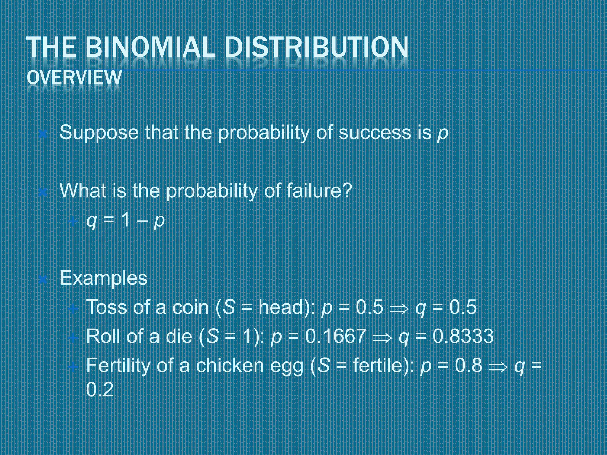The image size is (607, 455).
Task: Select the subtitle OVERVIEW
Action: [x=74, y=78]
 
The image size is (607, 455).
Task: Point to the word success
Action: [x=375, y=133]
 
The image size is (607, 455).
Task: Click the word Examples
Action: [x=103, y=278]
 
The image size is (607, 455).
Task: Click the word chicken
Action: [x=230, y=365]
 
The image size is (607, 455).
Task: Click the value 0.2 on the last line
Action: [x=100, y=390]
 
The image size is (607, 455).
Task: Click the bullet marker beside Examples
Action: [x=43, y=280]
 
